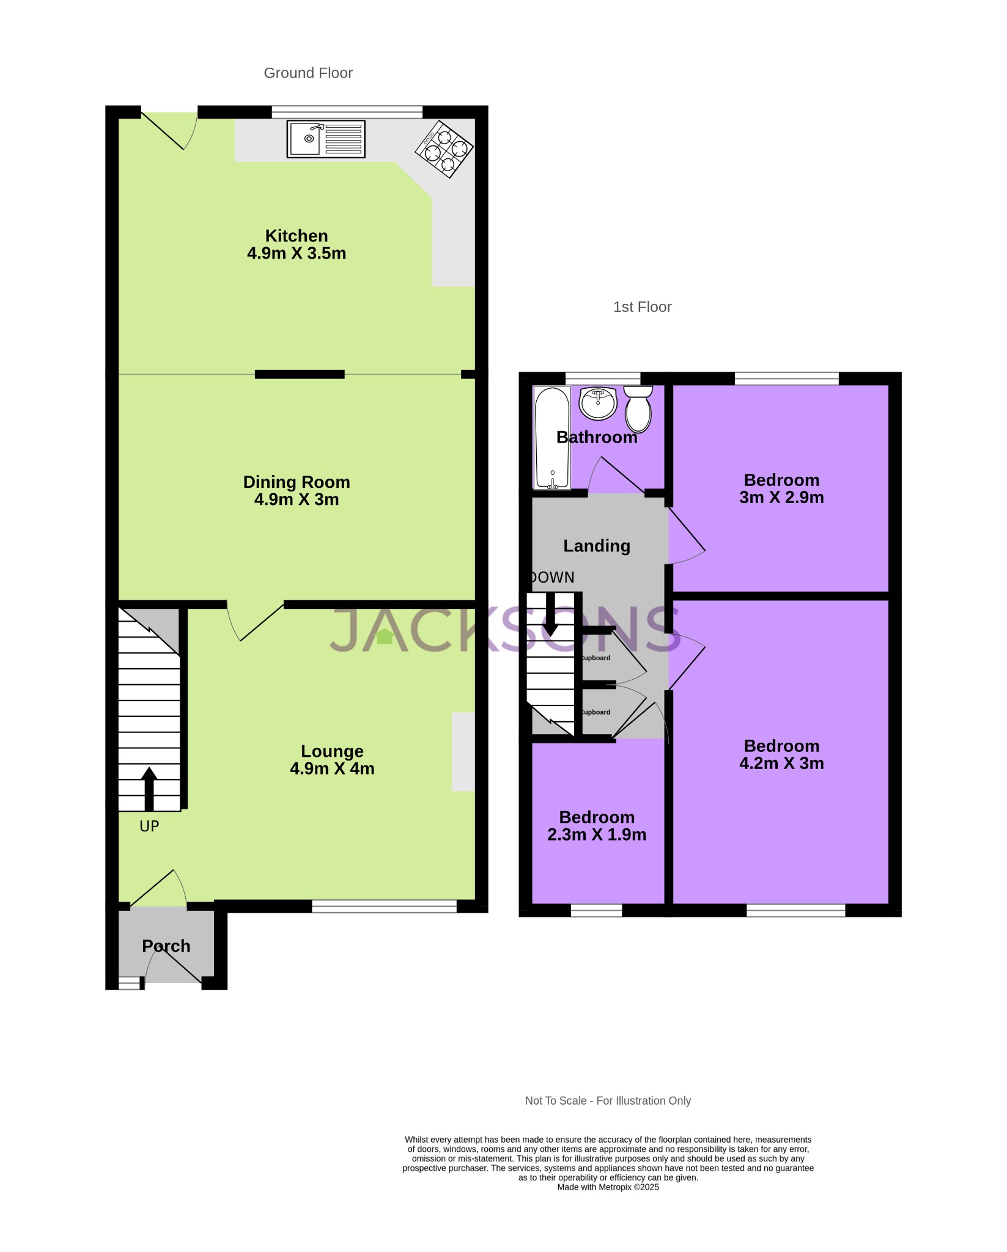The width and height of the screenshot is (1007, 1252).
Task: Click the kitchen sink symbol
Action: (x=326, y=139)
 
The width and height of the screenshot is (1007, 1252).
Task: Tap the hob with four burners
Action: (x=444, y=149)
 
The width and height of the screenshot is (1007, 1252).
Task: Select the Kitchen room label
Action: (x=297, y=236)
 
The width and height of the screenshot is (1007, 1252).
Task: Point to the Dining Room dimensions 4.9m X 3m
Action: (x=297, y=499)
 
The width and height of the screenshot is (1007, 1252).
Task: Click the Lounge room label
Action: (x=332, y=751)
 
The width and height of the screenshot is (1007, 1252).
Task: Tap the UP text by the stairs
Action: (x=149, y=827)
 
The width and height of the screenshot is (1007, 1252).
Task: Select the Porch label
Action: (x=166, y=946)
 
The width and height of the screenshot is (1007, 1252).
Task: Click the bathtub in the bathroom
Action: (x=552, y=438)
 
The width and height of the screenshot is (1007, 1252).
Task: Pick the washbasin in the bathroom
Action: (x=598, y=403)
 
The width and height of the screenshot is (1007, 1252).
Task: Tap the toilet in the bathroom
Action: (x=638, y=410)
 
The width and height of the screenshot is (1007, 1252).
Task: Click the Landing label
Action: (x=597, y=546)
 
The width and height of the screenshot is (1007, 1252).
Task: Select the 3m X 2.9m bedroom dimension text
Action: (x=781, y=498)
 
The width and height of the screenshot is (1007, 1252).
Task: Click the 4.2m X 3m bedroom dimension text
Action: (x=781, y=764)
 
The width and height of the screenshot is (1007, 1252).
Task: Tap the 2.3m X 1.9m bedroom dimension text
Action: (x=597, y=835)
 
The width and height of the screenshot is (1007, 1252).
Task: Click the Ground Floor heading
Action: (x=308, y=73)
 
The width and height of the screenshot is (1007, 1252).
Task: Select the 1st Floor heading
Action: (x=642, y=307)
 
